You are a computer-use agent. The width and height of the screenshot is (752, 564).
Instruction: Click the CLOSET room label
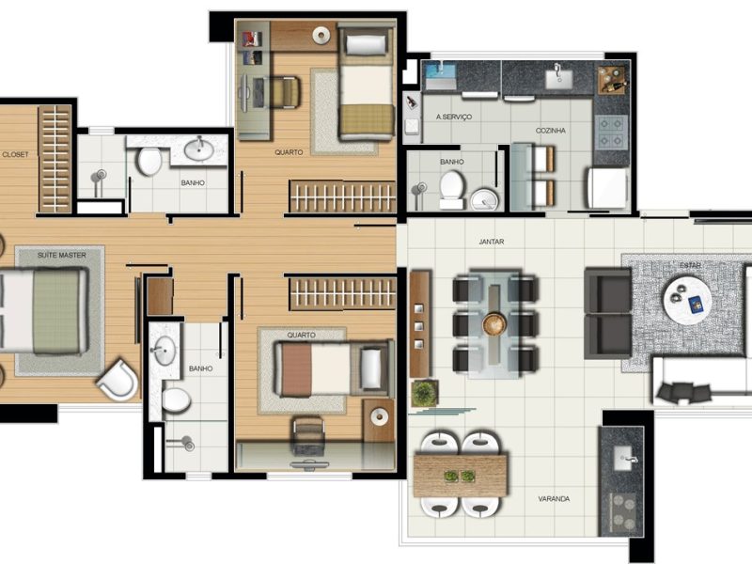click(x=15, y=154)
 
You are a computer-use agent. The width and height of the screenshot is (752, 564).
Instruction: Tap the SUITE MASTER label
click(x=62, y=255)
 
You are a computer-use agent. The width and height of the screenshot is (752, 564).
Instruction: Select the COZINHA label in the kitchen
click(x=551, y=131)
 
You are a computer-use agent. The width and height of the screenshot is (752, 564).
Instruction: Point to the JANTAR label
click(x=491, y=242)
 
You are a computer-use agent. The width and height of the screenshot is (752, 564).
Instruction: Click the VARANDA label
click(x=554, y=499)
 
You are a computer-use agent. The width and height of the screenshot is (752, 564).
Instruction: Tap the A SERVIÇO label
click(x=454, y=117)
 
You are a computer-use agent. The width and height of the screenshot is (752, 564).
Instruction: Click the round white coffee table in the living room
click(x=688, y=299)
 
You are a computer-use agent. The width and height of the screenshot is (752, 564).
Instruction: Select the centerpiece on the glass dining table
click(x=494, y=323)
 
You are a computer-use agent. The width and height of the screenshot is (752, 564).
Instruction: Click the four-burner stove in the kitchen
click(x=611, y=132)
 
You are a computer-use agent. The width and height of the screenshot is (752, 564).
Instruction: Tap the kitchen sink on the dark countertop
click(x=558, y=78)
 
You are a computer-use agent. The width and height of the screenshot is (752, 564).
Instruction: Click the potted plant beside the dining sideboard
click(x=425, y=393)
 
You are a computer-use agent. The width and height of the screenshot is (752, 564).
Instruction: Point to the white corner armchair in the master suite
click(x=118, y=380)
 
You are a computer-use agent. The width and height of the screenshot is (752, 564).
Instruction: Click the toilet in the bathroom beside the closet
click(x=149, y=162)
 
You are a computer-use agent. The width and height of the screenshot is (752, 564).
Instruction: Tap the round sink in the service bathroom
click(x=484, y=200)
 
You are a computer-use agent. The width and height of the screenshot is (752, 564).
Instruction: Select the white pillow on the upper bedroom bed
click(x=366, y=44)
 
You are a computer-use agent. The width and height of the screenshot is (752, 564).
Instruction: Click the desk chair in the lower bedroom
click(x=308, y=435)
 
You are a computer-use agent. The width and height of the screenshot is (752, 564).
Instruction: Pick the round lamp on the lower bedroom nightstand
click(x=380, y=416)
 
